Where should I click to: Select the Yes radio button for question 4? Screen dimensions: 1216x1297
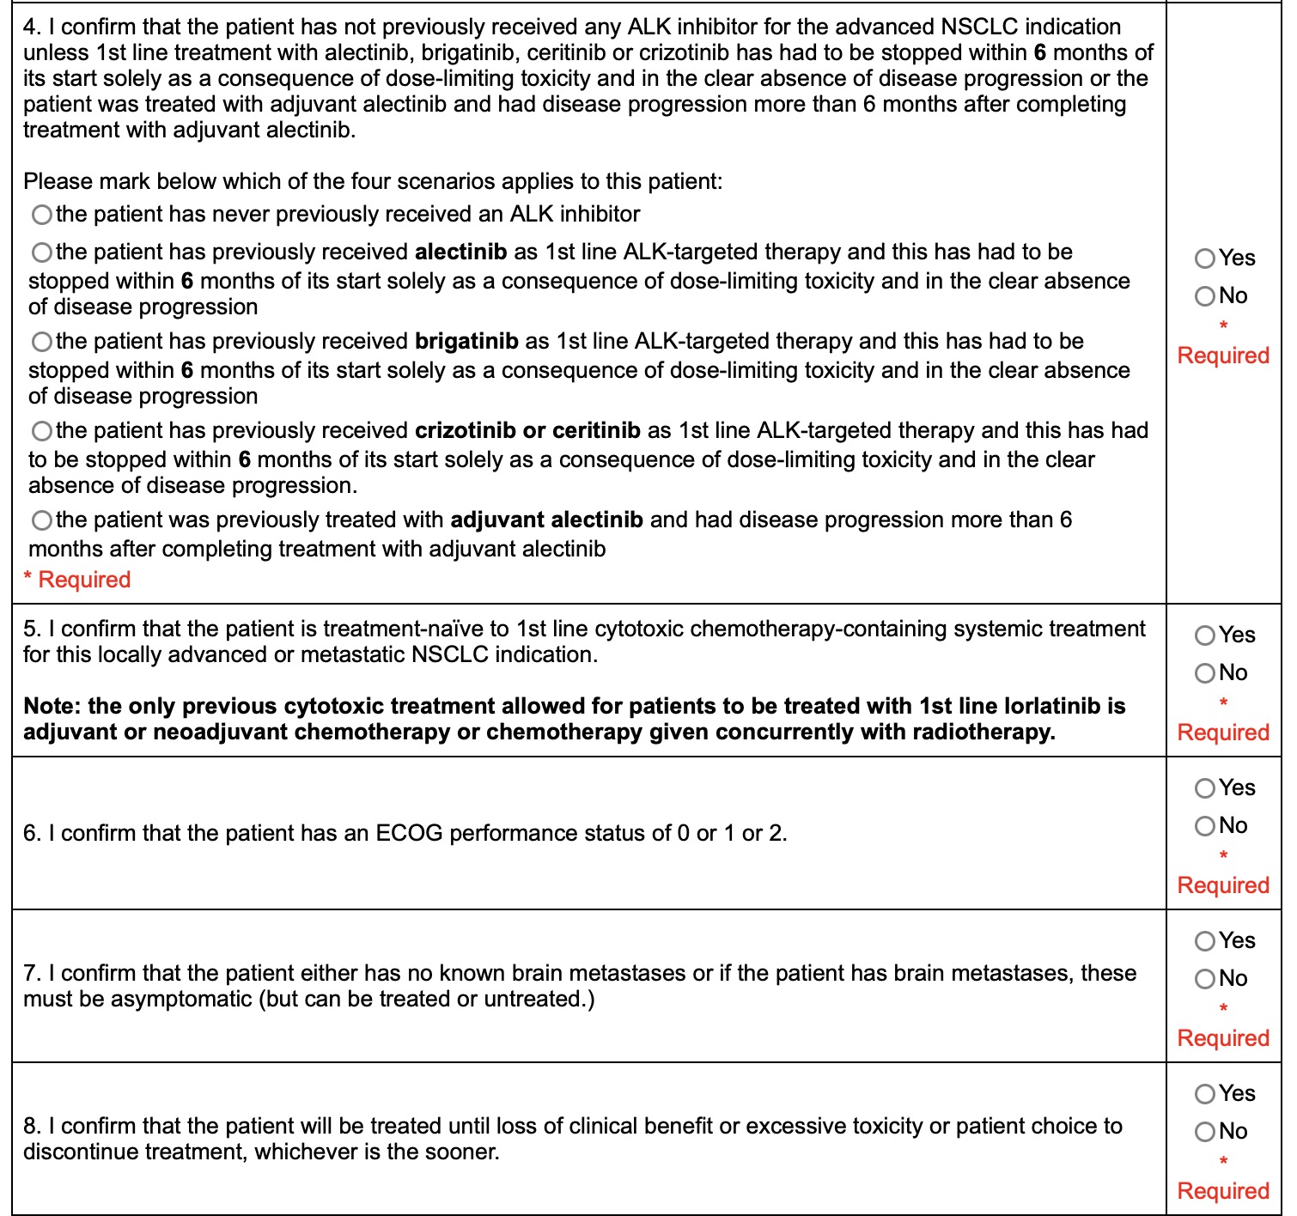pyautogui.click(x=1205, y=258)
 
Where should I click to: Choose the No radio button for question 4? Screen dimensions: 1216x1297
pyautogui.click(x=1205, y=296)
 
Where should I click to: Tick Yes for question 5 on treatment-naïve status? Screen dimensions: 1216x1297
pyautogui.click(x=1205, y=635)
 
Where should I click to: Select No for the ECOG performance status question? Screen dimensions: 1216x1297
pyautogui.click(x=1205, y=826)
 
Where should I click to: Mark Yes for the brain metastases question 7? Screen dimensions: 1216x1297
pyautogui.click(x=1205, y=941)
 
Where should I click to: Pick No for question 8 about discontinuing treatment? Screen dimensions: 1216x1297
pyautogui.click(x=1205, y=1132)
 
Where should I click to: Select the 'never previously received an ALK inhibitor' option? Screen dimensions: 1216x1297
pyautogui.click(x=41, y=214)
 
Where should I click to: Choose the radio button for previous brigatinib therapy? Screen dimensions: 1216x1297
pyautogui.click(x=41, y=342)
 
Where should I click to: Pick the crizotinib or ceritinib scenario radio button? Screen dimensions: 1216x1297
pyautogui.click(x=41, y=430)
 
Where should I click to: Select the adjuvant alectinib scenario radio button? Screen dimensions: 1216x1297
pyautogui.click(x=41, y=520)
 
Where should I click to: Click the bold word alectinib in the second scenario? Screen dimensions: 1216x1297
pyautogui.click(x=460, y=252)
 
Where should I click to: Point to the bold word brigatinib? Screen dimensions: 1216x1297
pyautogui.click(x=466, y=341)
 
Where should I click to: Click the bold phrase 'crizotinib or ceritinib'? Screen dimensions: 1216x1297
pyautogui.click(x=527, y=430)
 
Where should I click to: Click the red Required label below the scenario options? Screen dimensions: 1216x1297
pyautogui.click(x=84, y=580)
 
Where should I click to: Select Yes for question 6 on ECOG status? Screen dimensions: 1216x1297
pyautogui.click(x=1205, y=788)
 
